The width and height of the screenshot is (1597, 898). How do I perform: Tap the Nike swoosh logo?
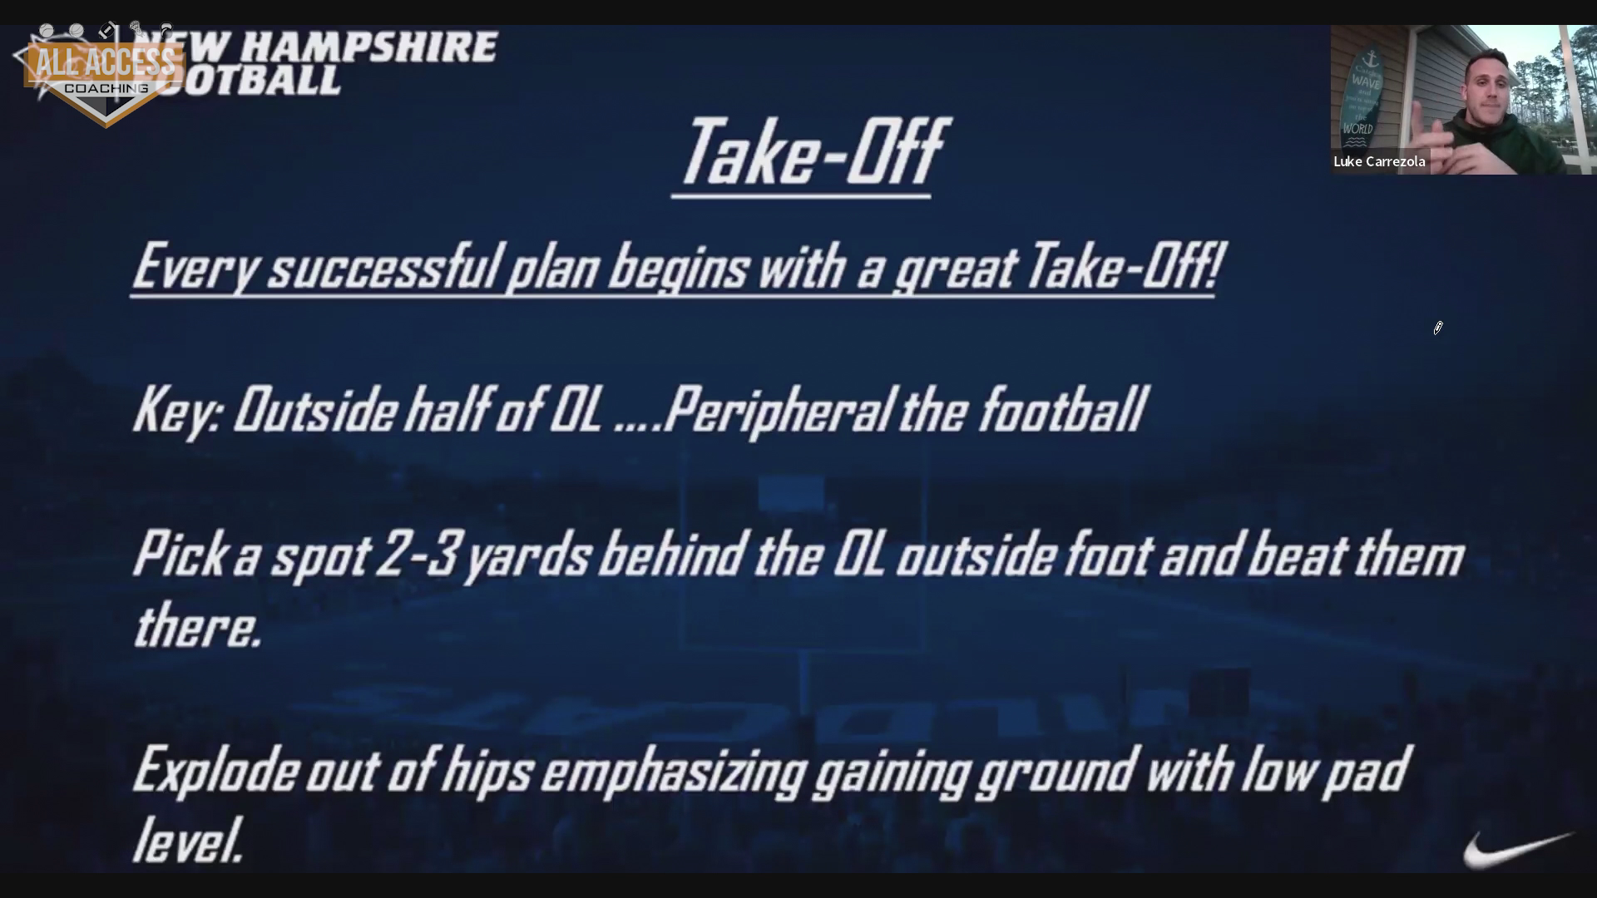click(x=1517, y=850)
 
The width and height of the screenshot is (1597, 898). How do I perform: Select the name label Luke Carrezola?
click(x=1379, y=161)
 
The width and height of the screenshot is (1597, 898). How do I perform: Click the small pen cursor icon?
click(x=1437, y=328)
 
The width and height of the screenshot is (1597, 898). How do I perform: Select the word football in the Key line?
click(x=1062, y=409)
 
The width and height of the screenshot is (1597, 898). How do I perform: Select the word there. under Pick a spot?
click(x=198, y=627)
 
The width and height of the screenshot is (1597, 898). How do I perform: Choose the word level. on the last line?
click(x=188, y=840)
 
